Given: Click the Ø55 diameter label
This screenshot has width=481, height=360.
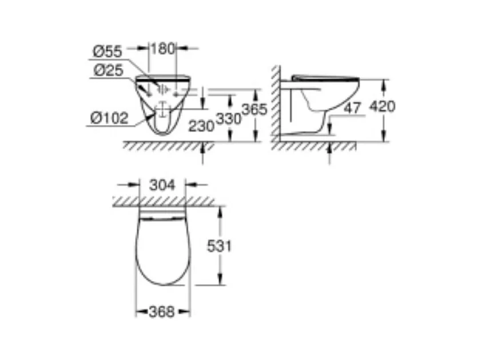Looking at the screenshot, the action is [x=108, y=51].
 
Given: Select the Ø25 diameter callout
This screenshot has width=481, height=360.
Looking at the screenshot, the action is [x=108, y=70].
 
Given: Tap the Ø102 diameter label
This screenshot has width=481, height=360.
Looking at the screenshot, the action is [x=109, y=118].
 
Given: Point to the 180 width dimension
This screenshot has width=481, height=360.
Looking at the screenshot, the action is [x=162, y=49].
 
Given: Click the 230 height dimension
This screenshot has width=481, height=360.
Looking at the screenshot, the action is [x=201, y=126].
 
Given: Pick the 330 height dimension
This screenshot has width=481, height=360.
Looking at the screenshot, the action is [x=229, y=119].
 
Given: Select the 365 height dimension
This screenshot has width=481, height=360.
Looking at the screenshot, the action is [x=255, y=109].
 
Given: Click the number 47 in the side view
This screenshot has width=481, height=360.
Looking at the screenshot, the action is [x=352, y=108].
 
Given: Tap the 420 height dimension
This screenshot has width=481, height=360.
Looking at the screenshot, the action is [x=382, y=106].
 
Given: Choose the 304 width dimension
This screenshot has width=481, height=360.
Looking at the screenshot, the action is [x=162, y=185].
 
